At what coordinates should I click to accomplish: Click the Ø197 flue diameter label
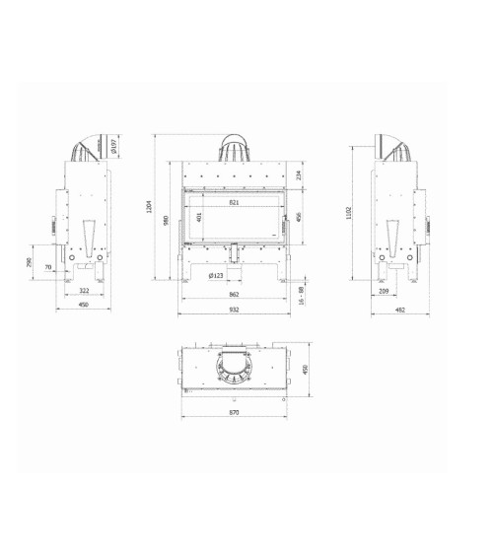coord(114,148)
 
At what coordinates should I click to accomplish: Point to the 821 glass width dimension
coord(235,202)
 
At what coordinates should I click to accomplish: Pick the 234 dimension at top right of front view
coord(299,175)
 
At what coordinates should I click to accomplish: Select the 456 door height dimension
coord(299,217)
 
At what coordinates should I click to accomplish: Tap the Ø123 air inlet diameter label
coord(218,276)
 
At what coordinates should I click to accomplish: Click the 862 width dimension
coord(235,295)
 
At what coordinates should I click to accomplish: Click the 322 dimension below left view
coord(85,292)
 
